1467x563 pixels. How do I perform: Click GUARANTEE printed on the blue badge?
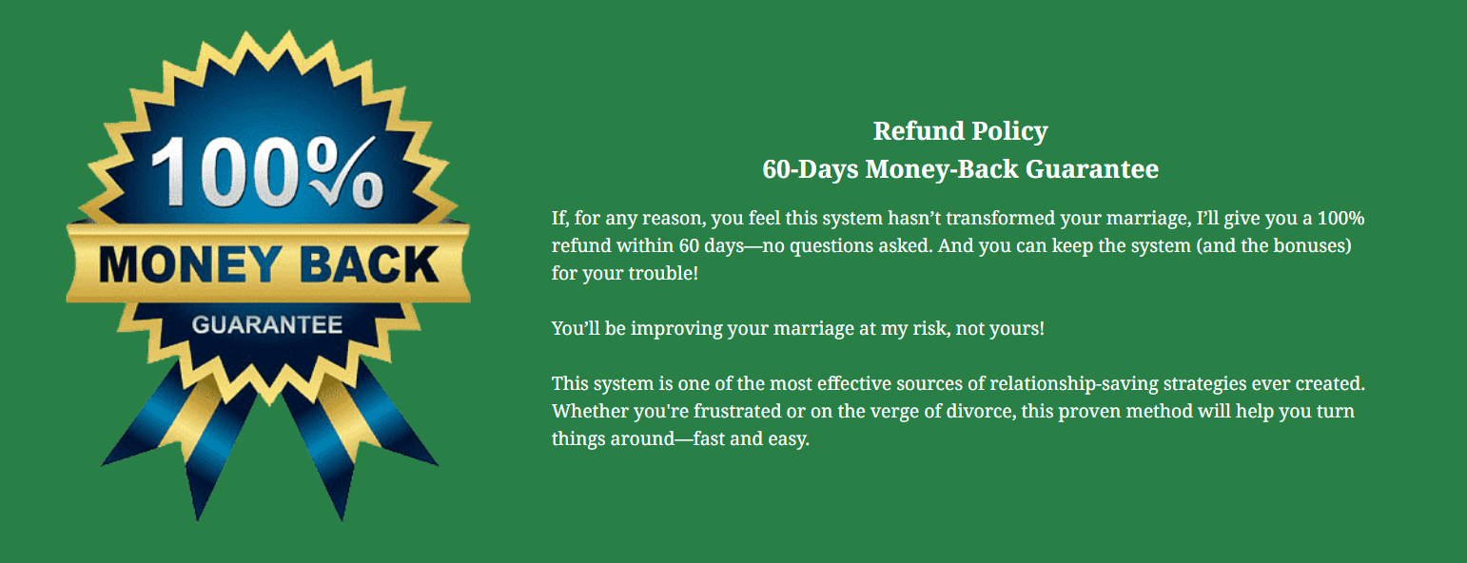(x=266, y=325)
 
